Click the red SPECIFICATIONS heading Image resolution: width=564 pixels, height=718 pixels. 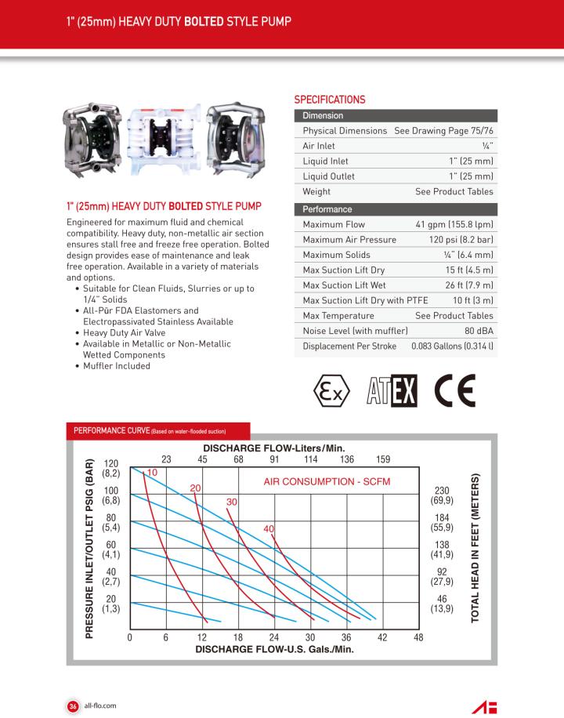point(330,100)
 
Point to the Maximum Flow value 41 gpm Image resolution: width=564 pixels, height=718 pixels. point(454,225)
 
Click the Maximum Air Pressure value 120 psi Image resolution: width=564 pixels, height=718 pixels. point(461,240)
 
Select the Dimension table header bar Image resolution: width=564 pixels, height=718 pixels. point(395,115)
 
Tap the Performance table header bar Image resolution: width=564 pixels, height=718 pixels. point(395,209)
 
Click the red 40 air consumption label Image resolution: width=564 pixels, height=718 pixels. point(269,529)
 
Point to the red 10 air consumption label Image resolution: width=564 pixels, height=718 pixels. point(152,473)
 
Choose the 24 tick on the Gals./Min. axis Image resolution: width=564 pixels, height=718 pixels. point(274,637)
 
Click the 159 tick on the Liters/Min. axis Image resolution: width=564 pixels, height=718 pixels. point(383,459)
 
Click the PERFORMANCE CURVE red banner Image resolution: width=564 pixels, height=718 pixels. point(157,431)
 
